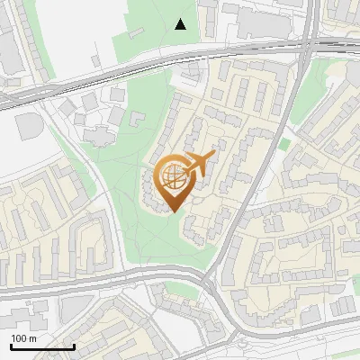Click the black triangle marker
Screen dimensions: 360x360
pos(181,24)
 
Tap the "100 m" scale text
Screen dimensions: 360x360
pos(23,338)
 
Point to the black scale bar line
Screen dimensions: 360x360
pos(42,346)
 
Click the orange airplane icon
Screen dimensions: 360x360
pos(199,163)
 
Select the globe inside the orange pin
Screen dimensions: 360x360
pos(171,177)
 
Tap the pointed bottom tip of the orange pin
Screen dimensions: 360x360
pos(172,211)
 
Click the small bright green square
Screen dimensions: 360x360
pos(284,144)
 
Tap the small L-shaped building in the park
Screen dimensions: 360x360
pos(139,118)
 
